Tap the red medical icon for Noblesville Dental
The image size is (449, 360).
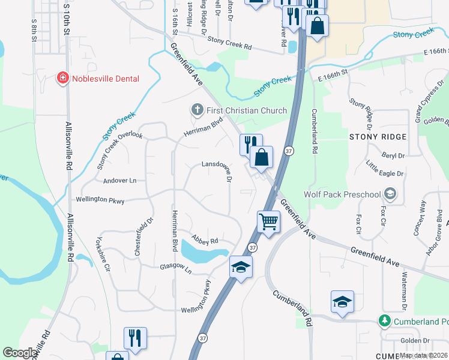click(62, 79)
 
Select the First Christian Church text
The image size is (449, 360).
click(247, 110)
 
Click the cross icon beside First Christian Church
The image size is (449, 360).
click(197, 110)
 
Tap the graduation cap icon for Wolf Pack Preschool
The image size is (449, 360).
click(391, 194)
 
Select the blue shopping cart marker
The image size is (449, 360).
click(268, 221)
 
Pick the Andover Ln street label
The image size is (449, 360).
click(120, 180)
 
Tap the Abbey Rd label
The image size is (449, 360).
click(204, 240)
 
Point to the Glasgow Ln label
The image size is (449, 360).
click(175, 268)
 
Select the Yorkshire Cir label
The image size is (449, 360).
click(103, 256)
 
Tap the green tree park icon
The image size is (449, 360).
click(384, 321)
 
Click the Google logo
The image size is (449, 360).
click(19, 353)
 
